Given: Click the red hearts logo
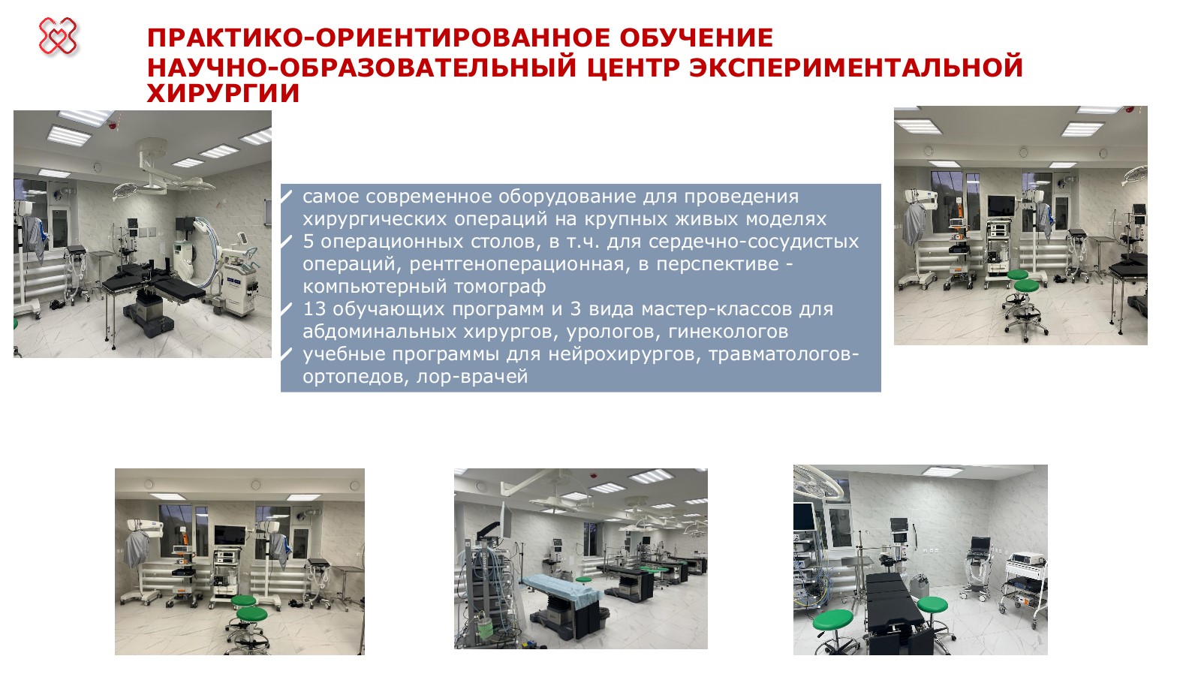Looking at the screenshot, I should point(58,37).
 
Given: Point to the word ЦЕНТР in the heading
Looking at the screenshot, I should point(634,67).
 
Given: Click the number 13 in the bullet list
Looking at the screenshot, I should point(315,308).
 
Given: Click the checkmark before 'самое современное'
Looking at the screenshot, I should point(287,197).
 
